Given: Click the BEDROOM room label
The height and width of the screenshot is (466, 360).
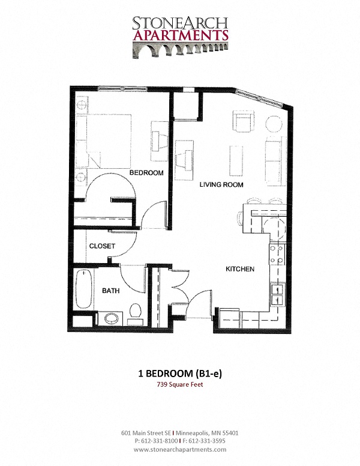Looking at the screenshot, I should point(147,173).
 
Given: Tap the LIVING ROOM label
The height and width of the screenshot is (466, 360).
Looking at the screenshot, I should point(221,185).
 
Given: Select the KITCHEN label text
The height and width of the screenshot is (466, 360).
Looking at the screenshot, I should point(240,269).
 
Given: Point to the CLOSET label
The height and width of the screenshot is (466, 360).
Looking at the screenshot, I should point(102,246).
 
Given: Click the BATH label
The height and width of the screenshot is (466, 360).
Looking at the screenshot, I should point(110,291).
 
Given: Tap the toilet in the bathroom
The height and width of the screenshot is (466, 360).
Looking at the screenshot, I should point(135,312).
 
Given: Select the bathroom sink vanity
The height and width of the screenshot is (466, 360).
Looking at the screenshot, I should point(110,318).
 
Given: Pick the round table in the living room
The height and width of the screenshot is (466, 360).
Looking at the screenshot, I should point(274,125).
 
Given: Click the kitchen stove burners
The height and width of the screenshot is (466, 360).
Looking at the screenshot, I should point(277,256).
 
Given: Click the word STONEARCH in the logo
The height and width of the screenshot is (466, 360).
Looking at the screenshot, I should point(180,23).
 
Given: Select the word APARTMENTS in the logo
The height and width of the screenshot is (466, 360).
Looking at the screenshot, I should point(180,35).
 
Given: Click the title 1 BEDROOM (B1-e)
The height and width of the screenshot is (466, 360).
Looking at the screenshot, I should point(180,374).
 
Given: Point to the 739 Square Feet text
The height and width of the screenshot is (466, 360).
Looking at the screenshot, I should point(180,385).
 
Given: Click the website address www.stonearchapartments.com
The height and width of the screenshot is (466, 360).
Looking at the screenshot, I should point(180,449).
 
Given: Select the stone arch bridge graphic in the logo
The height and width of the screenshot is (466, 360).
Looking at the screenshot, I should point(180,50).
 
